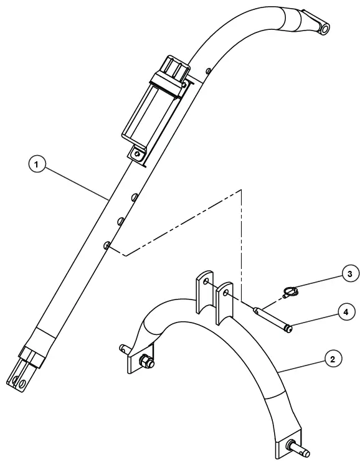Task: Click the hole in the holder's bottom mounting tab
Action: click(136, 151)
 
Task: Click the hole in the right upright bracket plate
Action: click(226, 293)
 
